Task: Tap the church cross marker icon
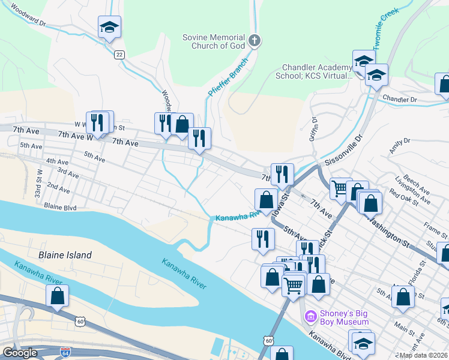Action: tap(255, 41)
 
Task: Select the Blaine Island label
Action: tap(65, 255)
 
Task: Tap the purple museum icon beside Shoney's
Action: tap(310, 316)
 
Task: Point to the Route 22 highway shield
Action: tap(119, 55)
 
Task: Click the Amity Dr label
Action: tap(399, 145)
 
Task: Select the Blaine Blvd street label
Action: tap(60, 206)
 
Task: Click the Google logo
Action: tap(19, 353)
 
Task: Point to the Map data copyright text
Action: tap(423, 355)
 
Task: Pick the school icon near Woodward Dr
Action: tap(110, 28)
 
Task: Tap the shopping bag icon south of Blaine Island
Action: tap(57, 296)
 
